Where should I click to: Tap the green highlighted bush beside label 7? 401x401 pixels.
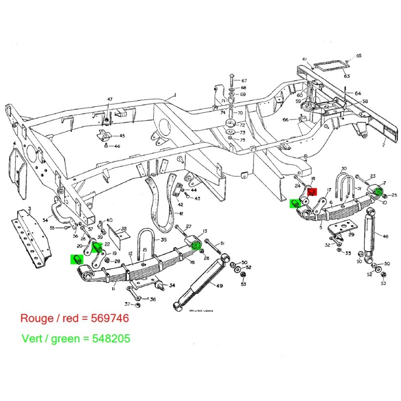click(x=378, y=190)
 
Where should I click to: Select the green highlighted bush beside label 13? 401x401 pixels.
click(x=196, y=244)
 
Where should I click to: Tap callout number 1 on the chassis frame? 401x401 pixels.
click(x=175, y=95)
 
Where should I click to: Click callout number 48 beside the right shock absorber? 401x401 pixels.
click(x=385, y=237)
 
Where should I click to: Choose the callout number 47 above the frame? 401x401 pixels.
click(x=110, y=100)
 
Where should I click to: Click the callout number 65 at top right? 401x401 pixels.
click(x=358, y=56)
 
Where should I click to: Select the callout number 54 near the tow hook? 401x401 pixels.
click(x=45, y=220)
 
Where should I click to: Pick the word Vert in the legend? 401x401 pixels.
click(x=33, y=338)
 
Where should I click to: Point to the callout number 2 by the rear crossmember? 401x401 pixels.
click(x=383, y=145)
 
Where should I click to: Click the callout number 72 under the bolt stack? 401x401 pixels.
click(x=243, y=124)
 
